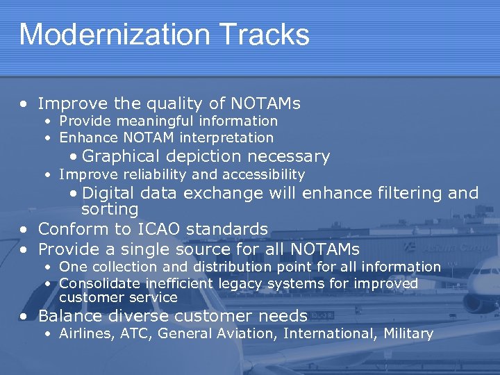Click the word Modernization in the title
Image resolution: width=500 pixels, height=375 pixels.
(x=106, y=35)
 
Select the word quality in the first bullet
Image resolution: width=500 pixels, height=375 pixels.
(x=174, y=104)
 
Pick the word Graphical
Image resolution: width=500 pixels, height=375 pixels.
(x=121, y=156)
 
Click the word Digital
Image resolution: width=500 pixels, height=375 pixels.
(x=110, y=193)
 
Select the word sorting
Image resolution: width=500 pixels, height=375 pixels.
(x=110, y=209)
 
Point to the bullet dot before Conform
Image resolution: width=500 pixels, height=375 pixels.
(x=24, y=229)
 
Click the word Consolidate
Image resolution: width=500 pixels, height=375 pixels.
(x=98, y=283)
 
